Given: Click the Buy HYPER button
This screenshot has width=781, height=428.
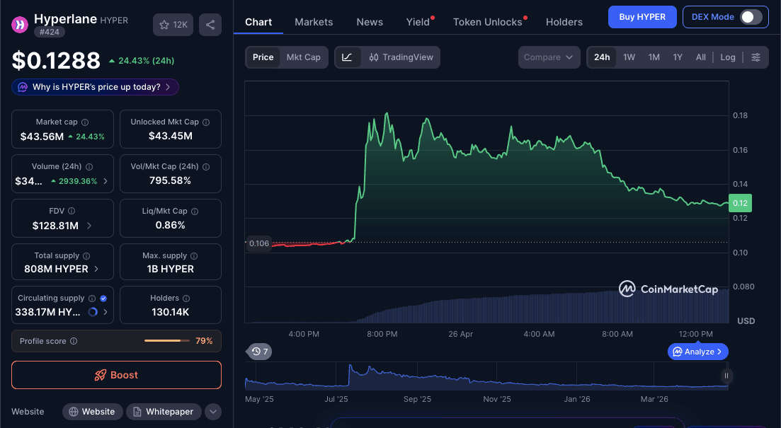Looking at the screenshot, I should coord(642,17).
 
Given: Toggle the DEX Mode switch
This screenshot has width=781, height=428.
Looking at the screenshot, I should coord(751,17).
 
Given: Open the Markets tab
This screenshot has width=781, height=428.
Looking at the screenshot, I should coord(314,22).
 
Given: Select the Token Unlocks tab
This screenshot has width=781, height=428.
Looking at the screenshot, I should coord(487,22).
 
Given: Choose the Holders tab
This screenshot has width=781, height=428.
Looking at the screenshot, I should coord(564,22).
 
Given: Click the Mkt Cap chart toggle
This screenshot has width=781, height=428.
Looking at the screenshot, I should coord(303,57).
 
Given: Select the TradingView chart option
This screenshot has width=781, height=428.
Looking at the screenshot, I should coord(401,57).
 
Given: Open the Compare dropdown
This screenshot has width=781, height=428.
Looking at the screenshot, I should coord(549,57).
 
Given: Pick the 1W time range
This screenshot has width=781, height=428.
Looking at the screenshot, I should coord(629,57).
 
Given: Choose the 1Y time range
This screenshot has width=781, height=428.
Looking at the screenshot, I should coord(678,57).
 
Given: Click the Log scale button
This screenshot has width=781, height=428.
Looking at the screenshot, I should coord(728,57).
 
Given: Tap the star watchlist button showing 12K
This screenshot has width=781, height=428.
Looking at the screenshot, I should coord(173,25).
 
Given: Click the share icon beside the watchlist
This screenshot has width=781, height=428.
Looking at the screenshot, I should coord(210,25).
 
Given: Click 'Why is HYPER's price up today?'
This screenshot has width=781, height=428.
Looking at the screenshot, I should coord(96,87).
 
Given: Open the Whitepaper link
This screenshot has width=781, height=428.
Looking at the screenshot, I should coord(163,412).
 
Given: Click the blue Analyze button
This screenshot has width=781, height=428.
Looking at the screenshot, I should coord(697,352).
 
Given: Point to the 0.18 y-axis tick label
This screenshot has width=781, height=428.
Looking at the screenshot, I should coord(740,115).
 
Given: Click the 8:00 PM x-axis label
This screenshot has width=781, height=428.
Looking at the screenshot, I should coord(382,334).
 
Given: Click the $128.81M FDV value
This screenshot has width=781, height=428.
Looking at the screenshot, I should coord(57,226).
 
